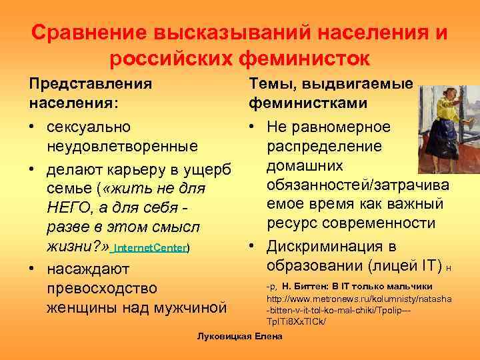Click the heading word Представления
90,85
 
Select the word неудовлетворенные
122,145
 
